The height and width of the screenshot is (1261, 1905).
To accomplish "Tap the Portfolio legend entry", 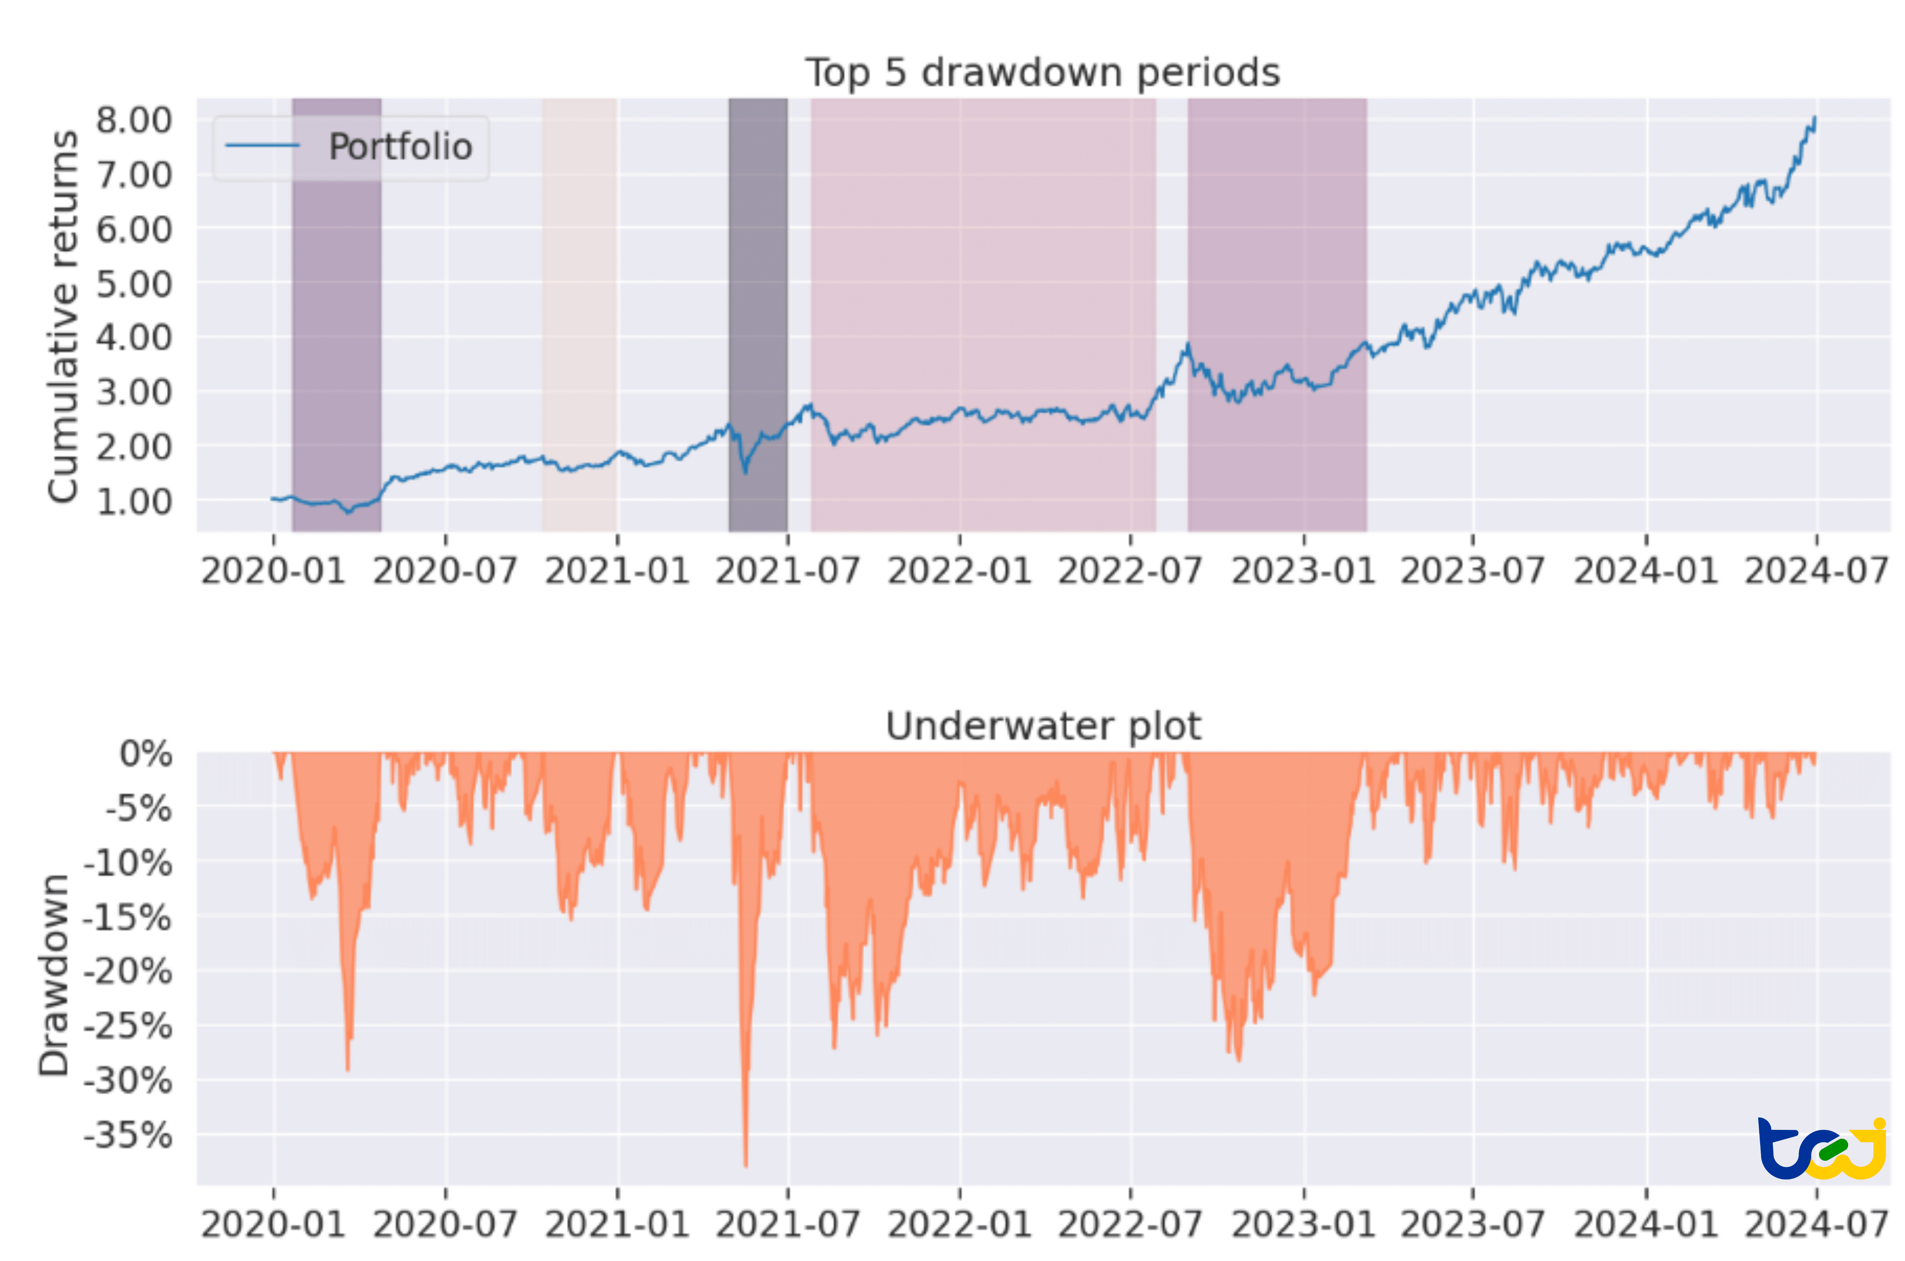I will [400, 147].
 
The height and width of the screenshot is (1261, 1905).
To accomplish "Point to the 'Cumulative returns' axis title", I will [63, 316].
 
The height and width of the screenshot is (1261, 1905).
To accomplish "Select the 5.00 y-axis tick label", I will [133, 284].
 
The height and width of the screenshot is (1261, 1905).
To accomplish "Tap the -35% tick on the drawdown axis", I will [128, 1135].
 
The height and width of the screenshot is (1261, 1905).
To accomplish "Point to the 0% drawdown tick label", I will [145, 754].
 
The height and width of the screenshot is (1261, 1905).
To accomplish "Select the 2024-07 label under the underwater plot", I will [1815, 1224].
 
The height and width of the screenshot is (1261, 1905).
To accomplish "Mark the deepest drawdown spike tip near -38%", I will [746, 1164].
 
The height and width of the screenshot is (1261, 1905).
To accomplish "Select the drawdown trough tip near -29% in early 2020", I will [347, 1068].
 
